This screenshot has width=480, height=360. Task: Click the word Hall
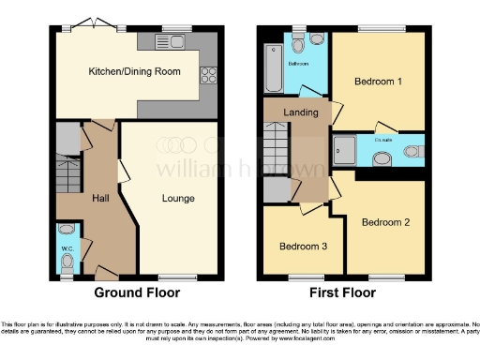[x=100, y=198]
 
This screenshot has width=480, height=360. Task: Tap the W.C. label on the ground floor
[x=67, y=248]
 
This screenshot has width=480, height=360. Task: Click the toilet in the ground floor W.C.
[x=67, y=262]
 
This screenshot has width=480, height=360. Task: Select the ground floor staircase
[x=69, y=173]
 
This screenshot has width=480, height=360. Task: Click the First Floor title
[x=343, y=292]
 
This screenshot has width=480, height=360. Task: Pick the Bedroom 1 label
[x=378, y=82]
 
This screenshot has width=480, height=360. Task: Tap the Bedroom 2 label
[x=386, y=222]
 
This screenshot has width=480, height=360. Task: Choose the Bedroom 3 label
[x=303, y=247]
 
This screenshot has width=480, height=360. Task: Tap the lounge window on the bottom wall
[x=175, y=277]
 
